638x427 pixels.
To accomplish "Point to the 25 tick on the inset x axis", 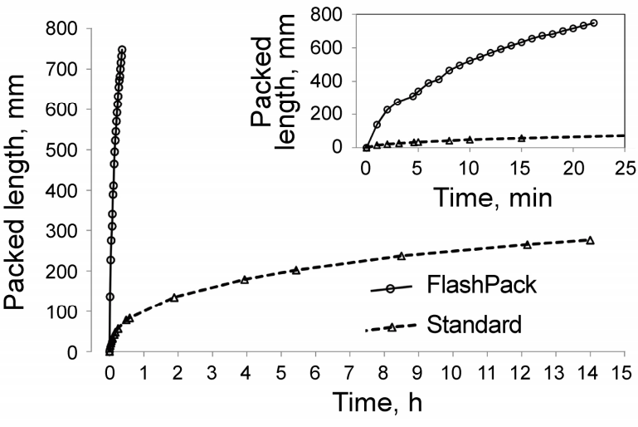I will point(625,168).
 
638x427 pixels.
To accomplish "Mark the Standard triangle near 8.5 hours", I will point(401,256).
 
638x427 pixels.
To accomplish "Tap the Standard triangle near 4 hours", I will point(245,279).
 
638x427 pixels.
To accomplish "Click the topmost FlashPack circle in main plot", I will point(122,50).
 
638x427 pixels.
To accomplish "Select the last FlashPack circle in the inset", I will point(594,22).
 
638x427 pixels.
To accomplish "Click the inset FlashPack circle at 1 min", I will point(377,125).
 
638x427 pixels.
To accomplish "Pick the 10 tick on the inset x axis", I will point(470,168).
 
